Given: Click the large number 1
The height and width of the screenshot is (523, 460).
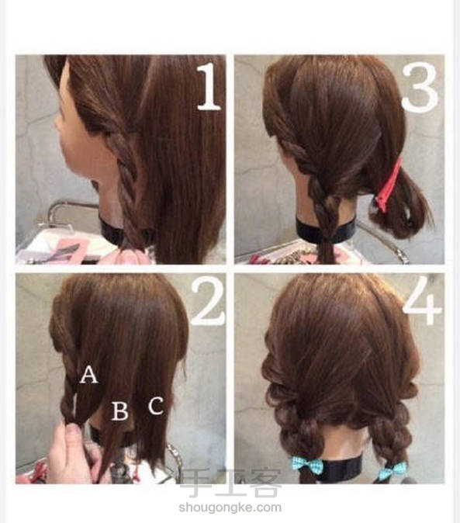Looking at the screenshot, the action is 209,87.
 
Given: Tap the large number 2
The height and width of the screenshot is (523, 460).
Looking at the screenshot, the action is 207,302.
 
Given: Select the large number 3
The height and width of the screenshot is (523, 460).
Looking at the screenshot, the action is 420,88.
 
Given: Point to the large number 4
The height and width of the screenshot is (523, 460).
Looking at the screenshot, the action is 423,301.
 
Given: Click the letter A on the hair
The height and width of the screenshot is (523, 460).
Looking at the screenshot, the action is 88,374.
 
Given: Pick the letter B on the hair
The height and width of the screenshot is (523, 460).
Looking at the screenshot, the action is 119,411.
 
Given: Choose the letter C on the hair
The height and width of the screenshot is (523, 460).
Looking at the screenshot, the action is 156,405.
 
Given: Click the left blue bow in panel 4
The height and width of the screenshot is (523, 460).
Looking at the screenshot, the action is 307,466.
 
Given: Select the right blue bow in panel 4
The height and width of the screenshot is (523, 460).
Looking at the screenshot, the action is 393,469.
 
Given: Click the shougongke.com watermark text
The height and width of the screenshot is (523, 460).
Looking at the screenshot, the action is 230,507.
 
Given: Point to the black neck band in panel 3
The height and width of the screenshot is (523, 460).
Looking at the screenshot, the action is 327,230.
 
